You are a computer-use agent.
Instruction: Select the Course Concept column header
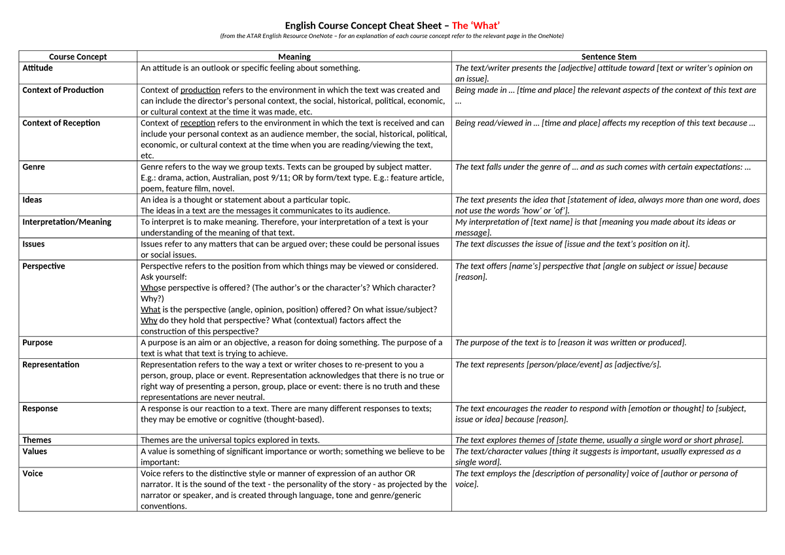78,57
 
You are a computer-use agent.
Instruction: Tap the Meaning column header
294,57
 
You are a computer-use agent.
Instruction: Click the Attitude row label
38,68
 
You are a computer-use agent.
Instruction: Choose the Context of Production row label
63,90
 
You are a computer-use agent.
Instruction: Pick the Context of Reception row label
61,123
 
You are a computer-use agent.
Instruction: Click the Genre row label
34,167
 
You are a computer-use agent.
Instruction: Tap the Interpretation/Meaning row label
67,222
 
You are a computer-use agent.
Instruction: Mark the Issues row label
34,244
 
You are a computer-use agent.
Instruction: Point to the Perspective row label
44,266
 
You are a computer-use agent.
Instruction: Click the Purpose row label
37,343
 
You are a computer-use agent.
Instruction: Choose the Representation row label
50,365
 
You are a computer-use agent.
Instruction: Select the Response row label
40,409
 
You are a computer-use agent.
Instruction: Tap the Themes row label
37,440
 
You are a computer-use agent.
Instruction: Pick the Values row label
35,451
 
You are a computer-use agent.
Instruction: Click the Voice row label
33,473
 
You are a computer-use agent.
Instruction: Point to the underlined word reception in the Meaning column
198,123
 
